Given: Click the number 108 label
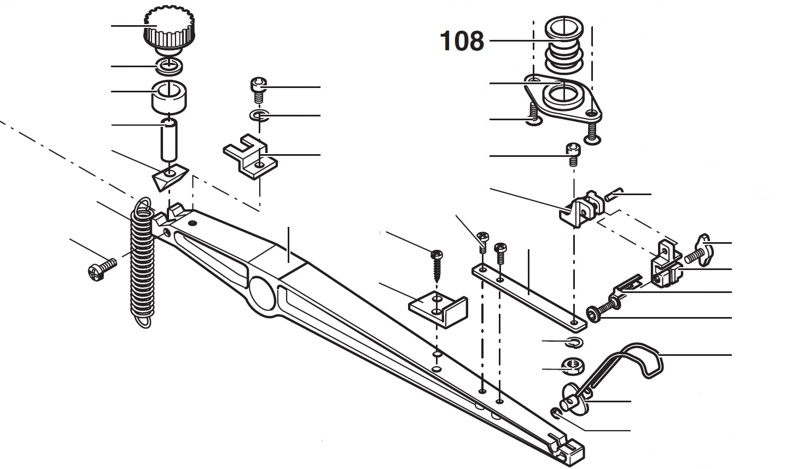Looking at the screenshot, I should coord(462,41).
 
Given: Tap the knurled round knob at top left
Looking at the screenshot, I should coord(168,30).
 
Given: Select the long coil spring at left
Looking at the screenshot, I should coord(142,262).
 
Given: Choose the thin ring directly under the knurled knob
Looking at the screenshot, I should coord(170,66).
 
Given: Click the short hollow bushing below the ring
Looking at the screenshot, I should coord(170,95).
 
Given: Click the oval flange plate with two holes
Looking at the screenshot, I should coord(563,98).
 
